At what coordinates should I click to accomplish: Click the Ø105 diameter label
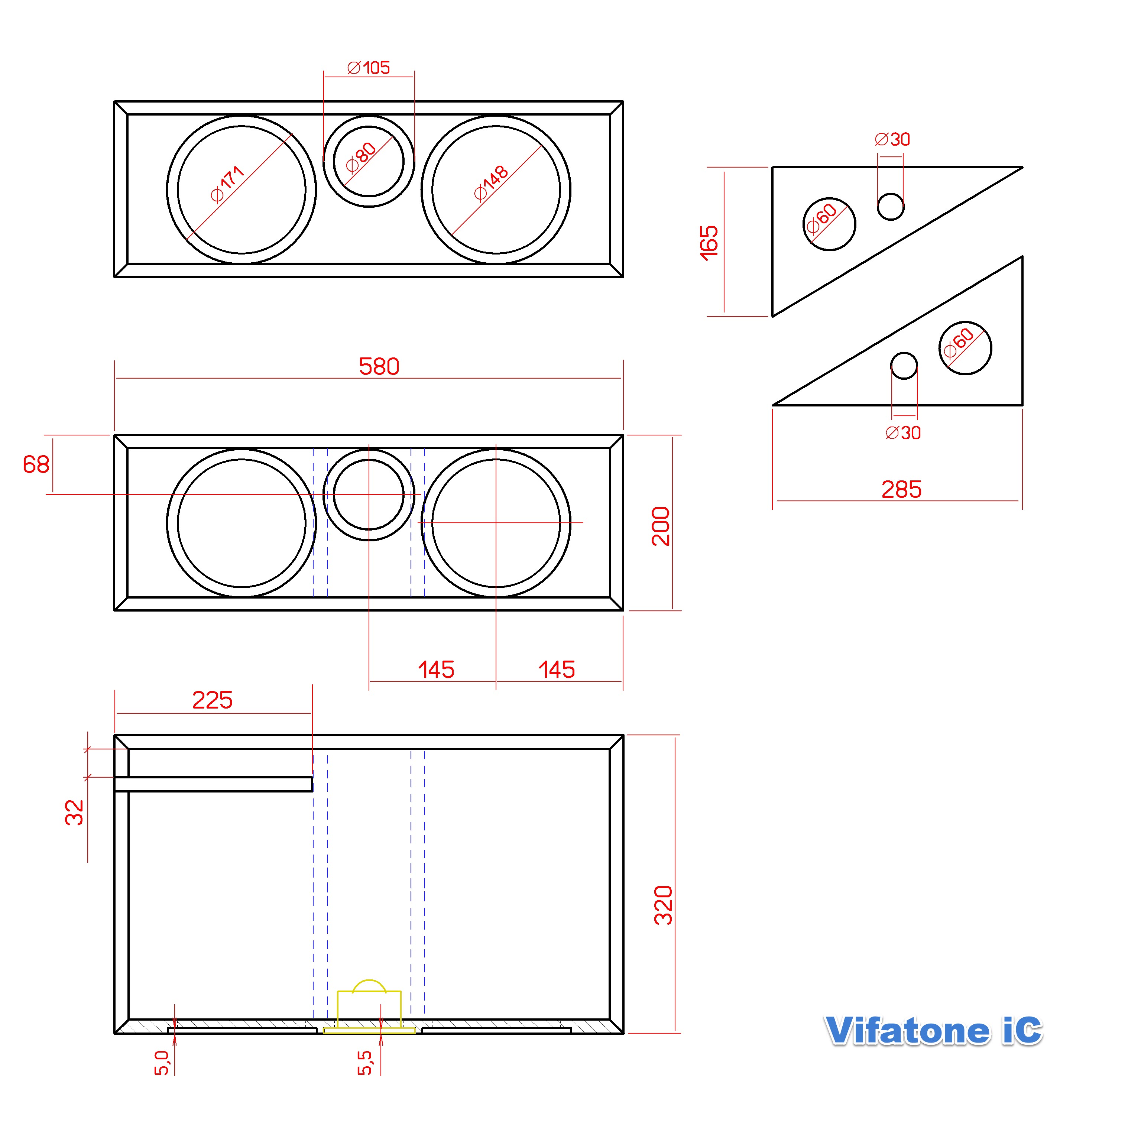[x=369, y=68]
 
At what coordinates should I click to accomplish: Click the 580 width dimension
[x=379, y=367]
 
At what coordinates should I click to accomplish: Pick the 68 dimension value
[x=36, y=465]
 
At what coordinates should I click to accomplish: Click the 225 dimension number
[x=213, y=700]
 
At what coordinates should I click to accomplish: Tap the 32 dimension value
[x=74, y=812]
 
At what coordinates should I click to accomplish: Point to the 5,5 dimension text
[x=365, y=1063]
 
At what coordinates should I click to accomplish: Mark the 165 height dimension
[x=709, y=242]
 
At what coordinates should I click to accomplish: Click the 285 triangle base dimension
[x=901, y=490]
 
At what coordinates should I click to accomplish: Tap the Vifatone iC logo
[x=933, y=1031]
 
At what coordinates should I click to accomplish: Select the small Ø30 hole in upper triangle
[x=891, y=207]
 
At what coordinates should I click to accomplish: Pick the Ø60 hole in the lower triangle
[x=965, y=348]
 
